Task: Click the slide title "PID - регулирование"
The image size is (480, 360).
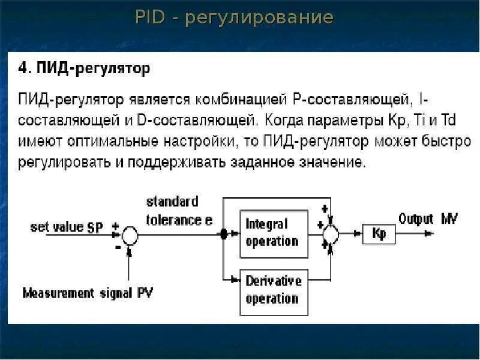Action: [x=234, y=17]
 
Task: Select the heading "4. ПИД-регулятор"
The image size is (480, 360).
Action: [x=84, y=68]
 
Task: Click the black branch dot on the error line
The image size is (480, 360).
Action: [x=224, y=235]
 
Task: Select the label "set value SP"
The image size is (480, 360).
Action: [x=67, y=227]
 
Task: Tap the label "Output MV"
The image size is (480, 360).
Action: [x=428, y=218]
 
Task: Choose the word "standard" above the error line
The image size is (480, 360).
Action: [x=172, y=202]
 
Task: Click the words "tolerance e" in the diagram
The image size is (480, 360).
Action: [x=179, y=220]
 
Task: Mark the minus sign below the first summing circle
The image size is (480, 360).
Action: [x=118, y=245]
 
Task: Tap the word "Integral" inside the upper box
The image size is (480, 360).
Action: [x=266, y=224]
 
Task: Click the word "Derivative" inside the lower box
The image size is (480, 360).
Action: [x=273, y=281]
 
